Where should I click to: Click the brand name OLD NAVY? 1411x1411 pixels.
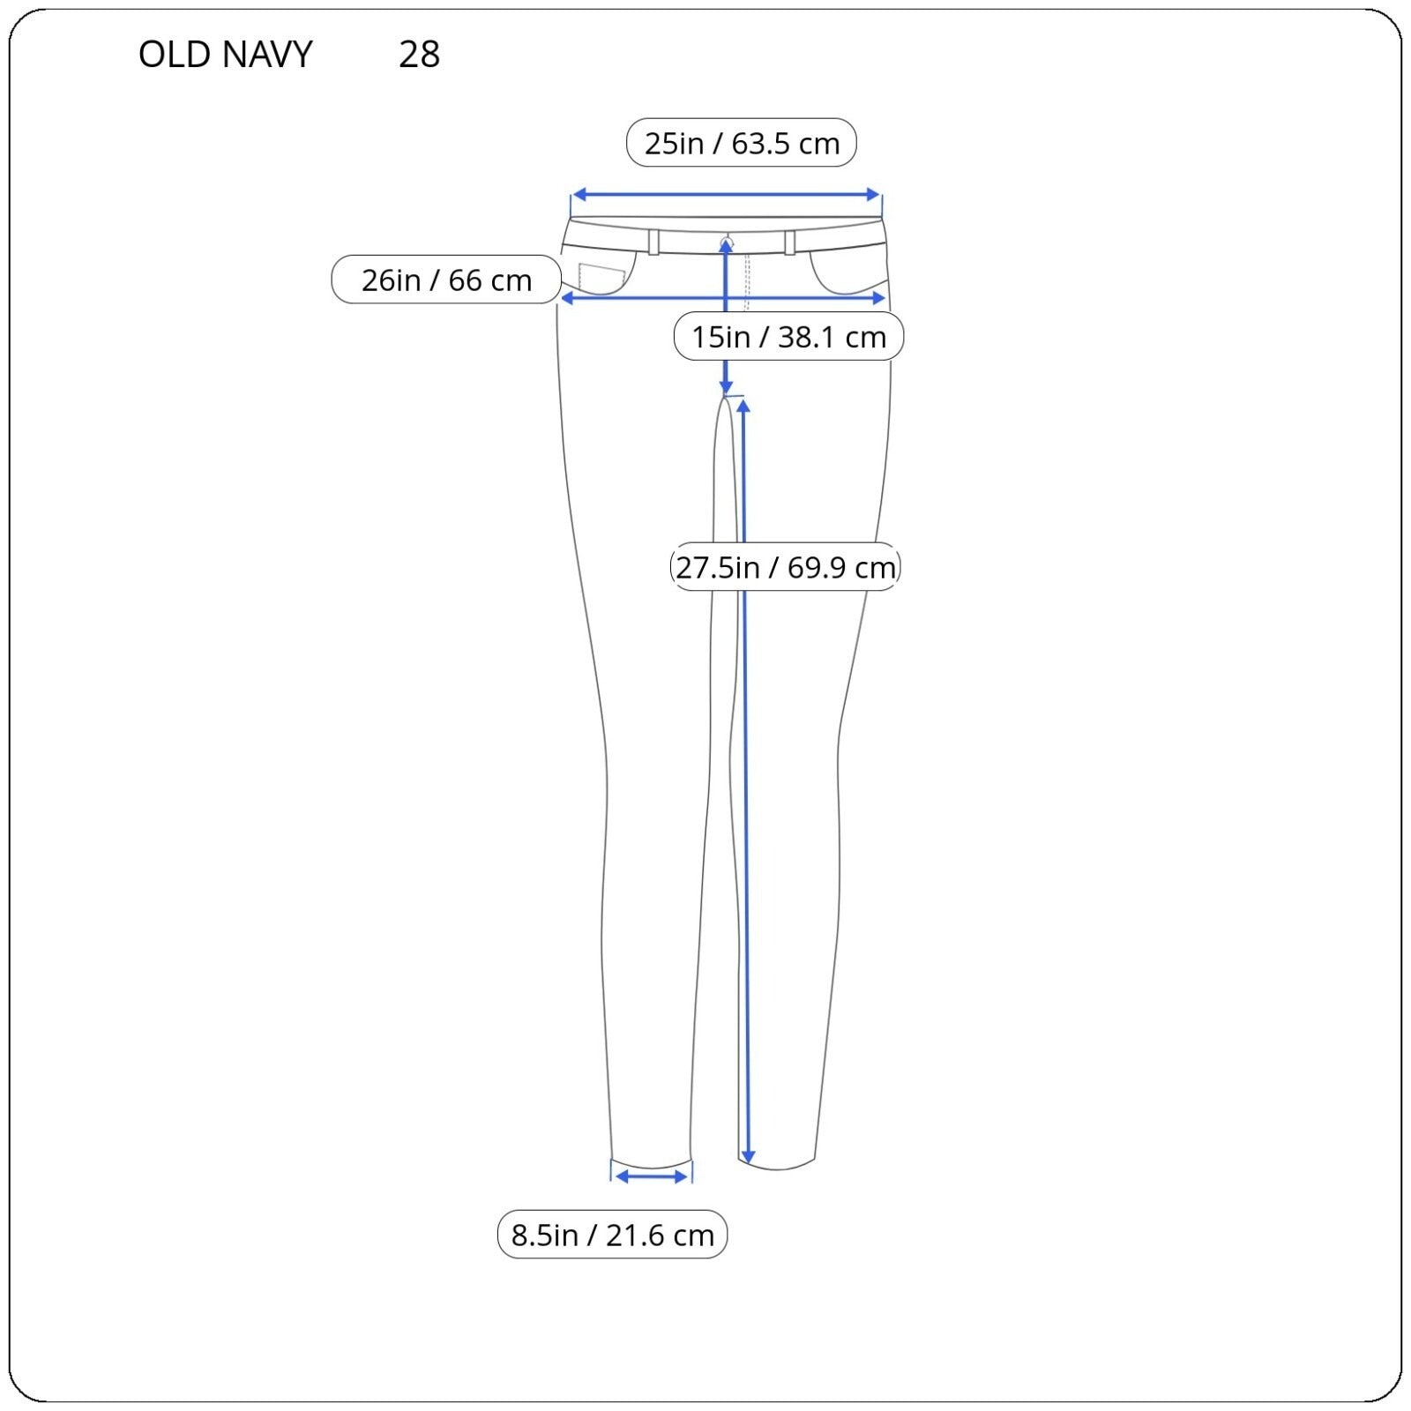coord(226,55)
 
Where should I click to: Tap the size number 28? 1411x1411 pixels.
coord(419,55)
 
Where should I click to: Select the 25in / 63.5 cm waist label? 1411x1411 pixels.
coord(742,143)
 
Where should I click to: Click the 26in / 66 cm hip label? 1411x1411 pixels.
coord(446,280)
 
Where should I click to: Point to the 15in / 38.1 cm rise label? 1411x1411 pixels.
coord(788,336)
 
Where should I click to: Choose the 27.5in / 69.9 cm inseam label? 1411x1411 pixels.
coord(786,566)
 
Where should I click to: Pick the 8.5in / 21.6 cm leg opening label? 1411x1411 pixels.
coord(612,1235)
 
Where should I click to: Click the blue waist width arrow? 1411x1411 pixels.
coord(726,195)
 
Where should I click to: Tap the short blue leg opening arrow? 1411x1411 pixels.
coord(652,1176)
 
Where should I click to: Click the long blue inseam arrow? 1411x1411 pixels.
coord(745,781)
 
